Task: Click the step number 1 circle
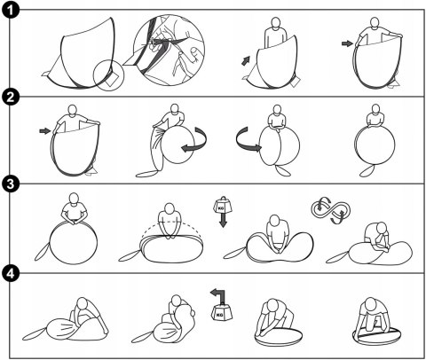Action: point(11,11)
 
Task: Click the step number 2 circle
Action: point(11,97)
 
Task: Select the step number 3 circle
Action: point(11,184)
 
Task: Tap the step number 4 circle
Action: point(11,273)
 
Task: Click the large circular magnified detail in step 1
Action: point(169,51)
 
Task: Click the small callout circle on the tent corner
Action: point(108,75)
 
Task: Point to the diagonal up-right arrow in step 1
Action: point(246,60)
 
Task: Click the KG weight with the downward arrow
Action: point(223,212)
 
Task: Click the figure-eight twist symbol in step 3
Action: point(330,210)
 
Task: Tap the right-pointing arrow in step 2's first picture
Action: point(45,130)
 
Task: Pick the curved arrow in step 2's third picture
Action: point(248,139)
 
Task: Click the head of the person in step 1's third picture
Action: point(276,23)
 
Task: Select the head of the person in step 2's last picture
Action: point(375,109)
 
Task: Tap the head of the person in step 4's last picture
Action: point(370,304)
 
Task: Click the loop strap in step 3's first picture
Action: point(42,252)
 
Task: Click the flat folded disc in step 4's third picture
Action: point(279,336)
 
